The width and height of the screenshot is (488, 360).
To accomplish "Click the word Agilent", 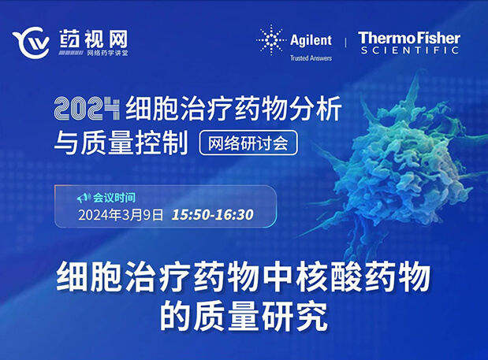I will (x=312, y=41).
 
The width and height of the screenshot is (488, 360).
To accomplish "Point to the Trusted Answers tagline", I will (x=312, y=58).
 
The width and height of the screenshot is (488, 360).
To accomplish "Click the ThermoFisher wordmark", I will (x=408, y=37).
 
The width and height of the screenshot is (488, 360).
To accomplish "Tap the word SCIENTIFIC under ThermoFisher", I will (x=408, y=50).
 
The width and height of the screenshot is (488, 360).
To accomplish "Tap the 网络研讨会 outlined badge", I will (x=250, y=143).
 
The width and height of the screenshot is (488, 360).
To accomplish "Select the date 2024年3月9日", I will (x=120, y=213).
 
